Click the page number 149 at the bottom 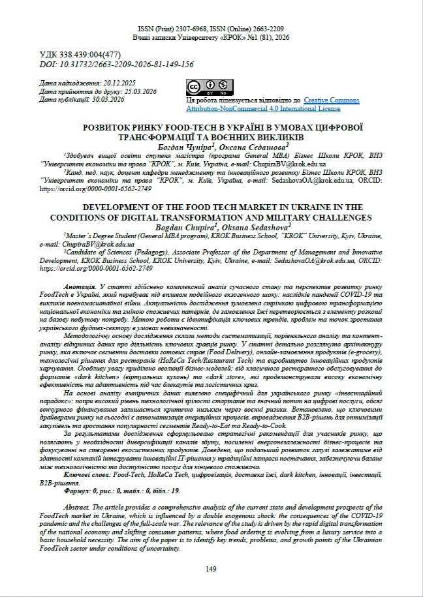pos(211,570)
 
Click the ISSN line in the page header pos(211,30)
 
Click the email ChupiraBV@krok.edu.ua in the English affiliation pos(78,243)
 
